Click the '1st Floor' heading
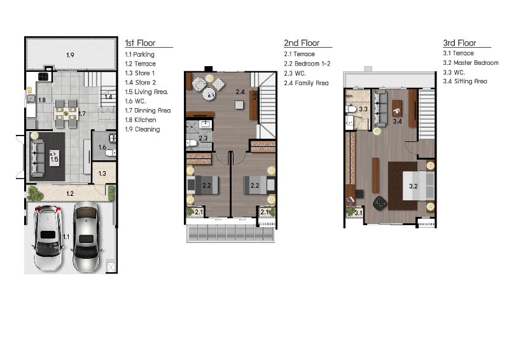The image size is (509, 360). (x=140, y=43)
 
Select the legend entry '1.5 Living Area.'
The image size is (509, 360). (x=147, y=92)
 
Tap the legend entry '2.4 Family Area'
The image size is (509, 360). (x=306, y=83)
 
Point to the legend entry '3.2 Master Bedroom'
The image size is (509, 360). (x=471, y=63)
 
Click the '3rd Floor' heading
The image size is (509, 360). (x=459, y=43)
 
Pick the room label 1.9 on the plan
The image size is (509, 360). (x=70, y=55)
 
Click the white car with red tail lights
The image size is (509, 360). (x=48, y=238)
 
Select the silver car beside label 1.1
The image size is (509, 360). (x=87, y=237)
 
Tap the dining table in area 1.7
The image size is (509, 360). (x=66, y=114)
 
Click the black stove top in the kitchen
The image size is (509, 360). (x=43, y=76)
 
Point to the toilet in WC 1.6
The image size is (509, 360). (x=111, y=152)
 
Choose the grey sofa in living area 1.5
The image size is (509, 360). (x=37, y=158)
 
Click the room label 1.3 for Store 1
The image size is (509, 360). (x=102, y=174)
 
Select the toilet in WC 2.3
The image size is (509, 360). (x=192, y=143)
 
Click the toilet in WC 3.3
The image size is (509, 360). (x=351, y=108)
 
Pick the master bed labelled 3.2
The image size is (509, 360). (x=419, y=186)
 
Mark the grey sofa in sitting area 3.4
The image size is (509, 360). (x=380, y=108)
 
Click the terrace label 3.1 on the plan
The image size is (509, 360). (x=358, y=213)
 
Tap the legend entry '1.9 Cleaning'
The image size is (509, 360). (x=143, y=129)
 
